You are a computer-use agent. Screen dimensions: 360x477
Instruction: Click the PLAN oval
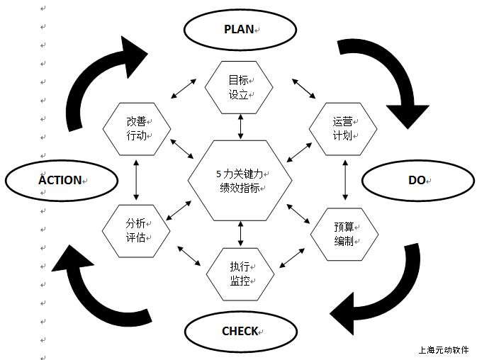[x=240, y=29]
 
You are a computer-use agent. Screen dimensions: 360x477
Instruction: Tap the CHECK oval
[x=240, y=331]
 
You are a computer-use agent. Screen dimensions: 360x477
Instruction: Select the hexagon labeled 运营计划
[x=344, y=127]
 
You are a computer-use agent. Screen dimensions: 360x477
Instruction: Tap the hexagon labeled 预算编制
[x=344, y=233]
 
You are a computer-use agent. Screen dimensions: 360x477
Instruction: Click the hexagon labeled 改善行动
[x=136, y=127]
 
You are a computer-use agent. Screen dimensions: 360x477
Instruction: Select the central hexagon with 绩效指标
[x=240, y=181]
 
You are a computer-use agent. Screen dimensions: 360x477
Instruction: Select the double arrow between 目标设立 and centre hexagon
[x=240, y=126]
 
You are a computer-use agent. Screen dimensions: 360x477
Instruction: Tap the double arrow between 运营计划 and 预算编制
[x=344, y=180]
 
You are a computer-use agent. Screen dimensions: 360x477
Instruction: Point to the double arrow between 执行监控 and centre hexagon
[x=240, y=234]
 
